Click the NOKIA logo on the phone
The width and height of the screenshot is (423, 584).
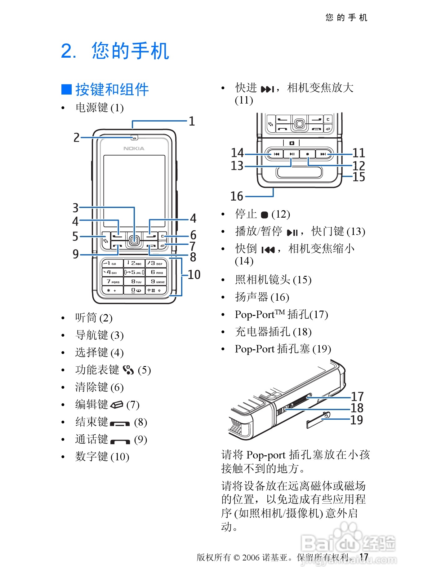[x=134, y=148]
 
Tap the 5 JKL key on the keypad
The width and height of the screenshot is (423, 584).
[x=135, y=272]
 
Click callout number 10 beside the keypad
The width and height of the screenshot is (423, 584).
[x=194, y=275]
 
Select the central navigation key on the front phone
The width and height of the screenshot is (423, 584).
[x=134, y=240]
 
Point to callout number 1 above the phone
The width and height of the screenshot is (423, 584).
[x=192, y=121]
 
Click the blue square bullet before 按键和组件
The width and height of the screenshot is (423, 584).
[x=67, y=89]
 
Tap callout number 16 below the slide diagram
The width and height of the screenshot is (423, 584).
[x=237, y=196]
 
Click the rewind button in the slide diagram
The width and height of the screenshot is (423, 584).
[x=276, y=154]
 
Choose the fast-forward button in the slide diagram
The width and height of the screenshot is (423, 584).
[x=323, y=154]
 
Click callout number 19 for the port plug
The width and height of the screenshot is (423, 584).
[x=357, y=420]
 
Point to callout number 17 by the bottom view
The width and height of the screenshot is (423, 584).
[x=357, y=396]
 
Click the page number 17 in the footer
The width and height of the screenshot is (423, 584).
[x=364, y=557]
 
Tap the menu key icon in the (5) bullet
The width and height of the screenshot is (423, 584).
[x=128, y=370]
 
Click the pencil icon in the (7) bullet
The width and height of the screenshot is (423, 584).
[x=117, y=405]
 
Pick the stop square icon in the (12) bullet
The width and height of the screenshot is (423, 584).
[x=264, y=215]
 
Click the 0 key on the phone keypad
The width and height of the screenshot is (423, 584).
[x=135, y=290]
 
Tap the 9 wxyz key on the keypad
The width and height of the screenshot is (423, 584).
[x=157, y=281]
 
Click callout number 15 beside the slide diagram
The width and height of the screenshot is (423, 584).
[x=359, y=177]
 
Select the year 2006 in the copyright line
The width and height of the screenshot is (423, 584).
[x=251, y=557]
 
